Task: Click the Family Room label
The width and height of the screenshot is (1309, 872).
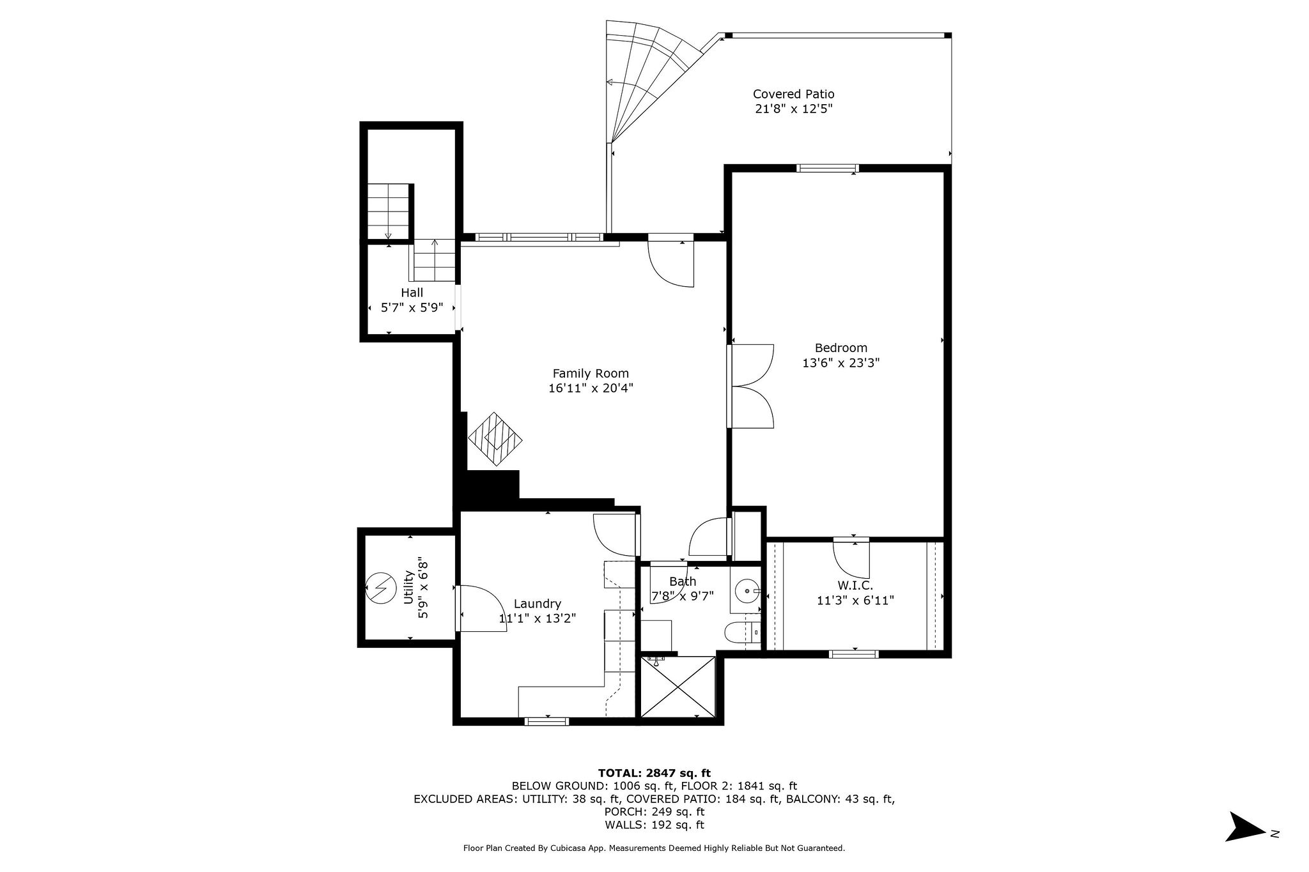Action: (x=591, y=374)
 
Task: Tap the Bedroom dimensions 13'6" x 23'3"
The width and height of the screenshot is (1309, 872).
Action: (x=840, y=363)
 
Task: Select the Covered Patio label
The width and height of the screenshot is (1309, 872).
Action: (x=793, y=95)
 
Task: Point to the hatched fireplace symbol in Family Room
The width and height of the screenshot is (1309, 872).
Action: (x=495, y=438)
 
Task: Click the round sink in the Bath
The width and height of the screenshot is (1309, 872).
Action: (x=745, y=591)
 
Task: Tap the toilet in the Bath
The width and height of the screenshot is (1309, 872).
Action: (x=740, y=632)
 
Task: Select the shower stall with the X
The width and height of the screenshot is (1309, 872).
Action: (x=678, y=687)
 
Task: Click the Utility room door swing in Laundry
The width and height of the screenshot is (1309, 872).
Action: (x=481, y=608)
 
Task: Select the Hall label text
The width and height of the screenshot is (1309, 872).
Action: (x=412, y=293)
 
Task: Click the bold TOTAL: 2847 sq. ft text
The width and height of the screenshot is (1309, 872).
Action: (x=654, y=773)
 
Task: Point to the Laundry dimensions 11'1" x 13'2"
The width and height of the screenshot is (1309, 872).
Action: (x=538, y=618)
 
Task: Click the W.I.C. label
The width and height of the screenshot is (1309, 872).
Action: (x=855, y=585)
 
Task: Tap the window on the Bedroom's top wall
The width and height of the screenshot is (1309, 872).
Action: (x=827, y=169)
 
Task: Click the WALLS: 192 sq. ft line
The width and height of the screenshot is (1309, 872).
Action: (x=654, y=825)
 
